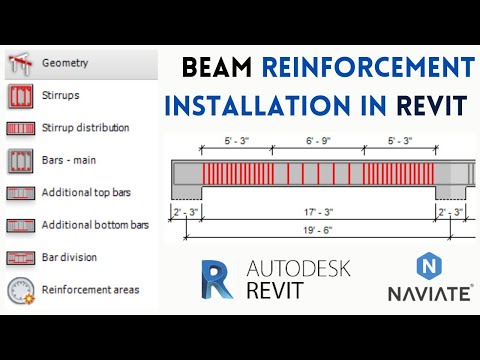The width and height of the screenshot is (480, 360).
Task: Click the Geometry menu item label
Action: click(x=65, y=63)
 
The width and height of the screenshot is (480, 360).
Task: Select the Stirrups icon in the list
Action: click(x=19, y=96)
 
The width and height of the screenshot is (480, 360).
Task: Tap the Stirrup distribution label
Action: click(x=85, y=128)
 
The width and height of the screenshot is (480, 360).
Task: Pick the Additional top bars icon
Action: click(x=19, y=192)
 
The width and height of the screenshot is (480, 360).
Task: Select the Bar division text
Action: click(x=69, y=257)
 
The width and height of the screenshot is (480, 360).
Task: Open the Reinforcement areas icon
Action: click(x=19, y=290)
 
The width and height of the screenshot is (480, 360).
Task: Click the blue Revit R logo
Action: click(x=219, y=280)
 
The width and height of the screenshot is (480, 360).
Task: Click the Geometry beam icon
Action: click(x=19, y=63)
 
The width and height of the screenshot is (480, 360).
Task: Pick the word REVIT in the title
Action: click(x=431, y=105)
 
